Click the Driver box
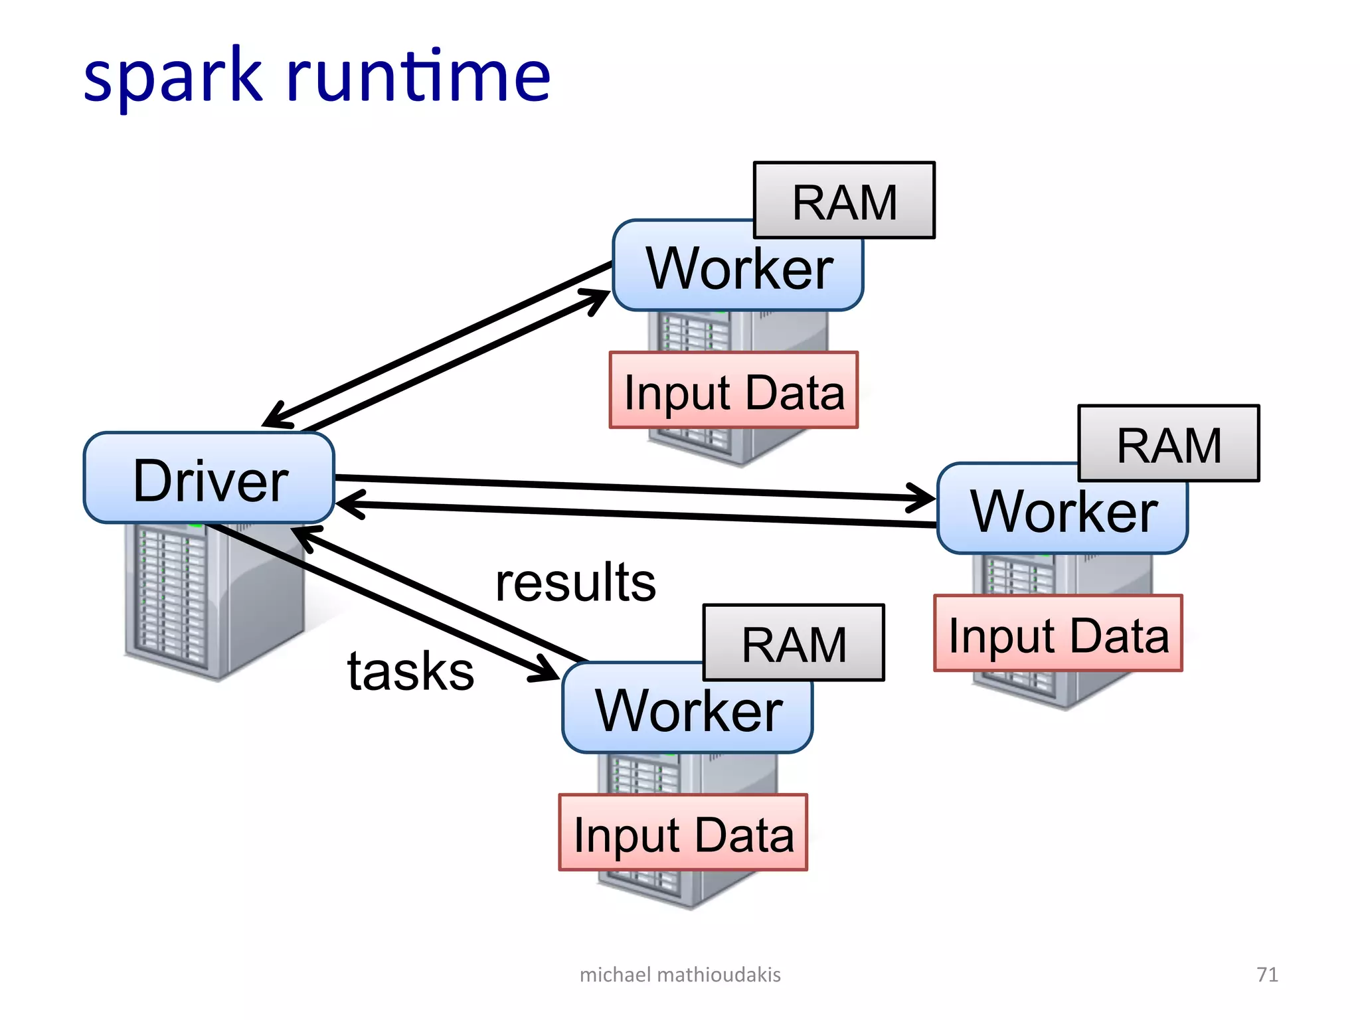click(x=209, y=479)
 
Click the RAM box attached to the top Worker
click(x=844, y=201)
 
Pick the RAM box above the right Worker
click(x=1168, y=444)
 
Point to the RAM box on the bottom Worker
click(x=794, y=643)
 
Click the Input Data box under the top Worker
click(x=734, y=391)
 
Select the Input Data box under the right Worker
click(x=1058, y=634)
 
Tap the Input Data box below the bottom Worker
click(x=683, y=833)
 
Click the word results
click(x=575, y=582)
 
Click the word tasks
click(x=410, y=671)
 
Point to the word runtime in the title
click(x=418, y=76)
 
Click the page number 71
click(x=1267, y=974)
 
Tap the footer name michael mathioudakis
click(x=680, y=974)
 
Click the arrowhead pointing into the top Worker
click(x=598, y=298)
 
